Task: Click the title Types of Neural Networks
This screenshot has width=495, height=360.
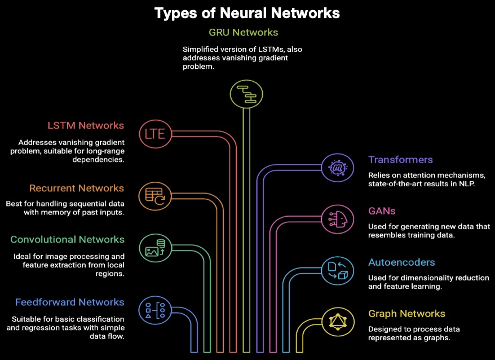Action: coord(247,12)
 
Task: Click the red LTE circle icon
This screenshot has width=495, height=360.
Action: coord(154,133)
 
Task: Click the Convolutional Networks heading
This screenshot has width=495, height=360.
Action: coord(67,239)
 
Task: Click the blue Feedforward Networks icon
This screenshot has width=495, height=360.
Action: coord(154,309)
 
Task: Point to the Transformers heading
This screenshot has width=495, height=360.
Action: coord(400,160)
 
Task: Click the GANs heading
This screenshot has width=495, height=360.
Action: coord(382,211)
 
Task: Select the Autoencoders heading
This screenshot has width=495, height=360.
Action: coord(401,262)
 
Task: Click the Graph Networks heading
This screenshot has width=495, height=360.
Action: coord(406,314)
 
